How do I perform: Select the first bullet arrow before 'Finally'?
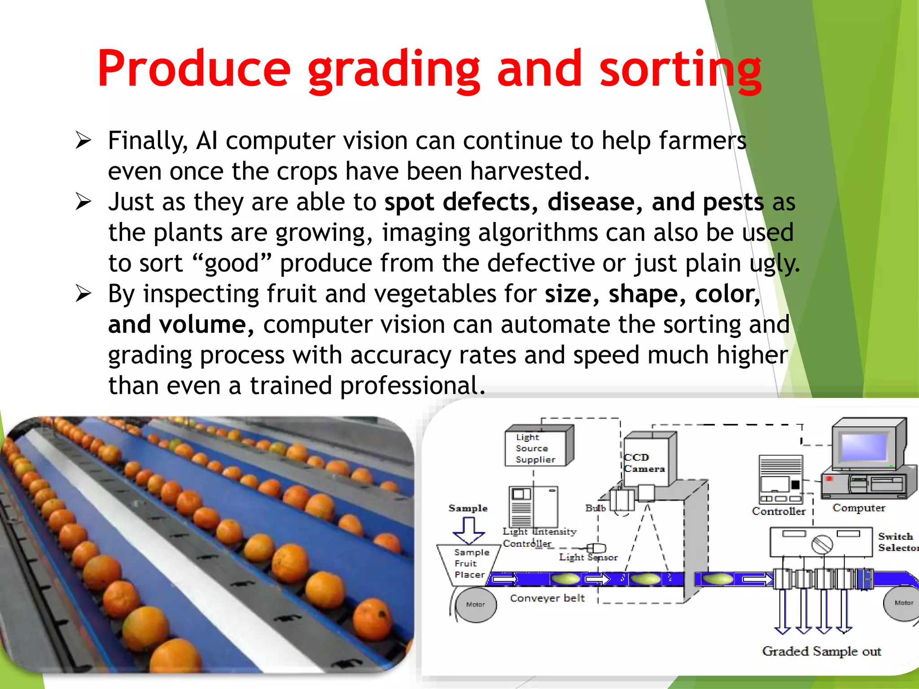tap(83, 140)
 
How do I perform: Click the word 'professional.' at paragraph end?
tap(412, 386)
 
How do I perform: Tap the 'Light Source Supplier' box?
tap(536, 448)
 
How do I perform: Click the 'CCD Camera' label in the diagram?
tap(643, 463)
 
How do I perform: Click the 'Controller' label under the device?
tap(779, 511)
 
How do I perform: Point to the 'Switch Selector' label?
tap(897, 542)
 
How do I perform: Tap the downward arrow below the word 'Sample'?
tap(469, 531)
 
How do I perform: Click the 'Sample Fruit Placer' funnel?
tap(469, 564)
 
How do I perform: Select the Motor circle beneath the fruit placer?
tap(475, 605)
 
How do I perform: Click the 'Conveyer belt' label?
tap(547, 598)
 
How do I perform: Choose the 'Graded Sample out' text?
tap(821, 651)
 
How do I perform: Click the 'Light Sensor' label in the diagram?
tap(588, 558)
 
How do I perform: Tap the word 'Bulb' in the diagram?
tap(595, 508)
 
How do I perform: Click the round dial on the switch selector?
tap(822, 545)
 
